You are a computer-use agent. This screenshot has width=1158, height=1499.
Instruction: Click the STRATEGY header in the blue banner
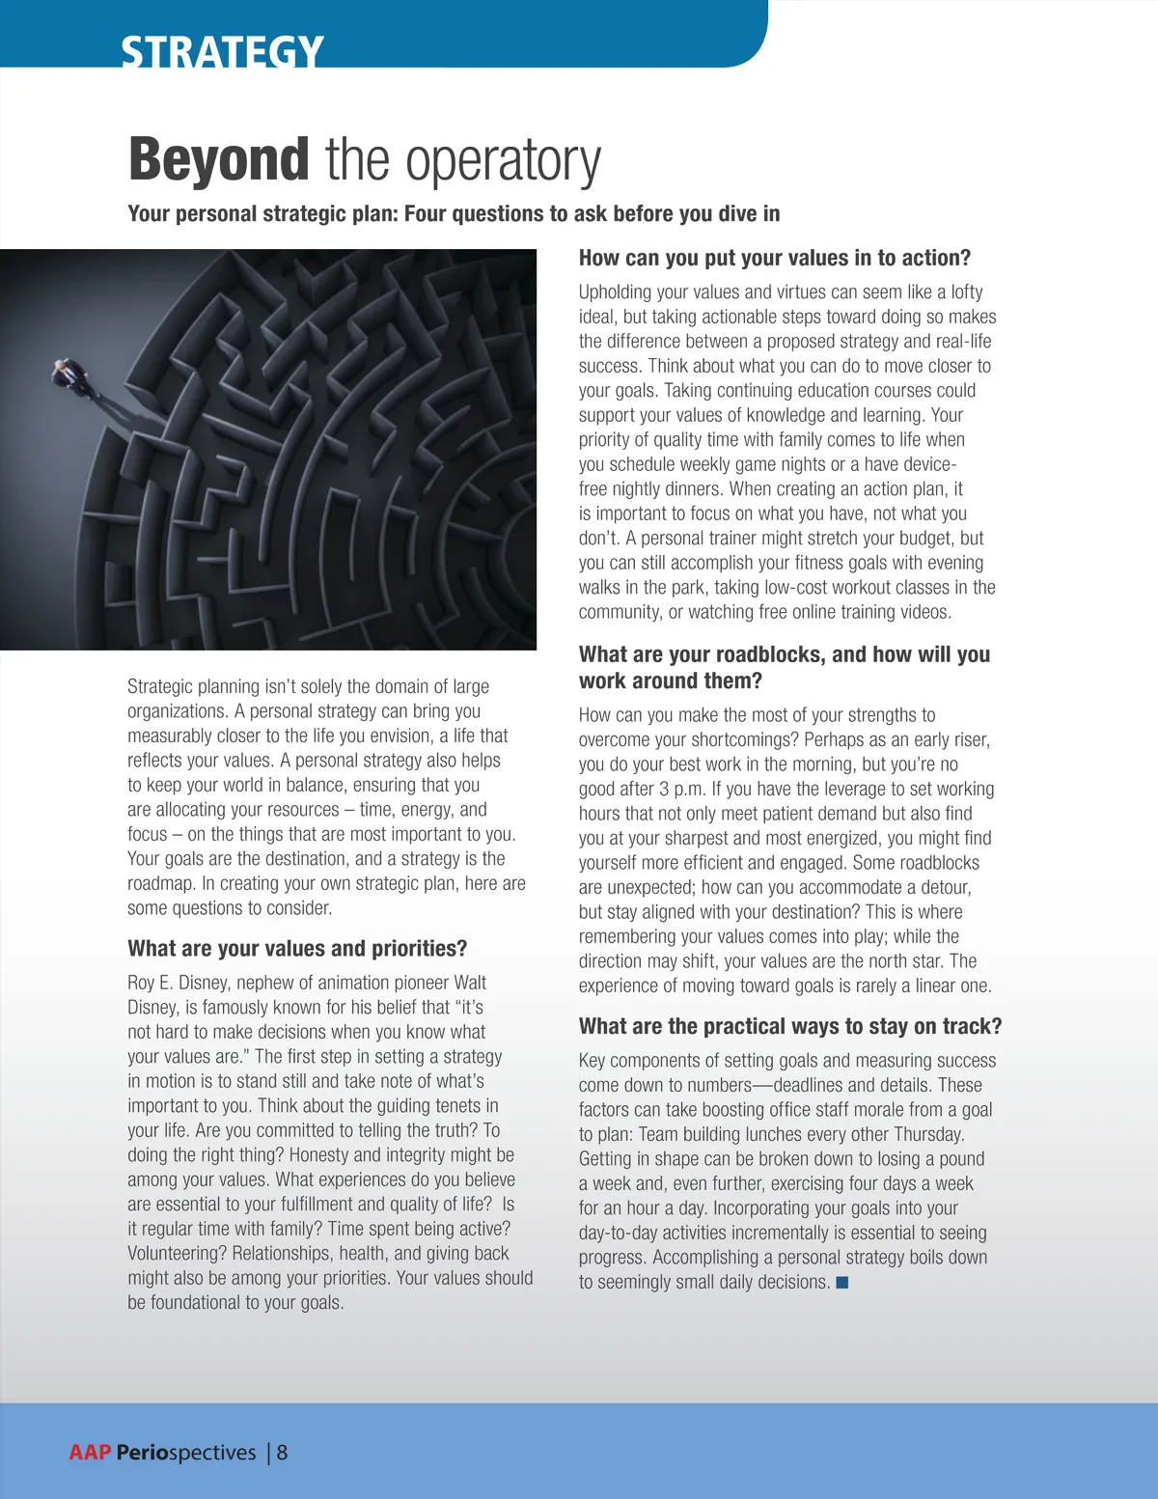coord(222,50)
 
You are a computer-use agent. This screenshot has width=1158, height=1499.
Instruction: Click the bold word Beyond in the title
coord(218,159)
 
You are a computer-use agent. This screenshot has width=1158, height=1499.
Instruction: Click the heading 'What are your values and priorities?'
coord(297,948)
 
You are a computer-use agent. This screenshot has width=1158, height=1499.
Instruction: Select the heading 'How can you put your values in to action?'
coord(774,258)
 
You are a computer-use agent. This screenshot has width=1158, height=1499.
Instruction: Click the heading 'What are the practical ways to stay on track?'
coord(790,1026)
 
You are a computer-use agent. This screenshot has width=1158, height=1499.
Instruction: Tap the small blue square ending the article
coord(842,1282)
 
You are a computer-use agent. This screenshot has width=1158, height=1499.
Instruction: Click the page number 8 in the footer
coord(282,1453)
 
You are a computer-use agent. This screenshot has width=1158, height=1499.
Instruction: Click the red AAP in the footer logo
coord(90,1453)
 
